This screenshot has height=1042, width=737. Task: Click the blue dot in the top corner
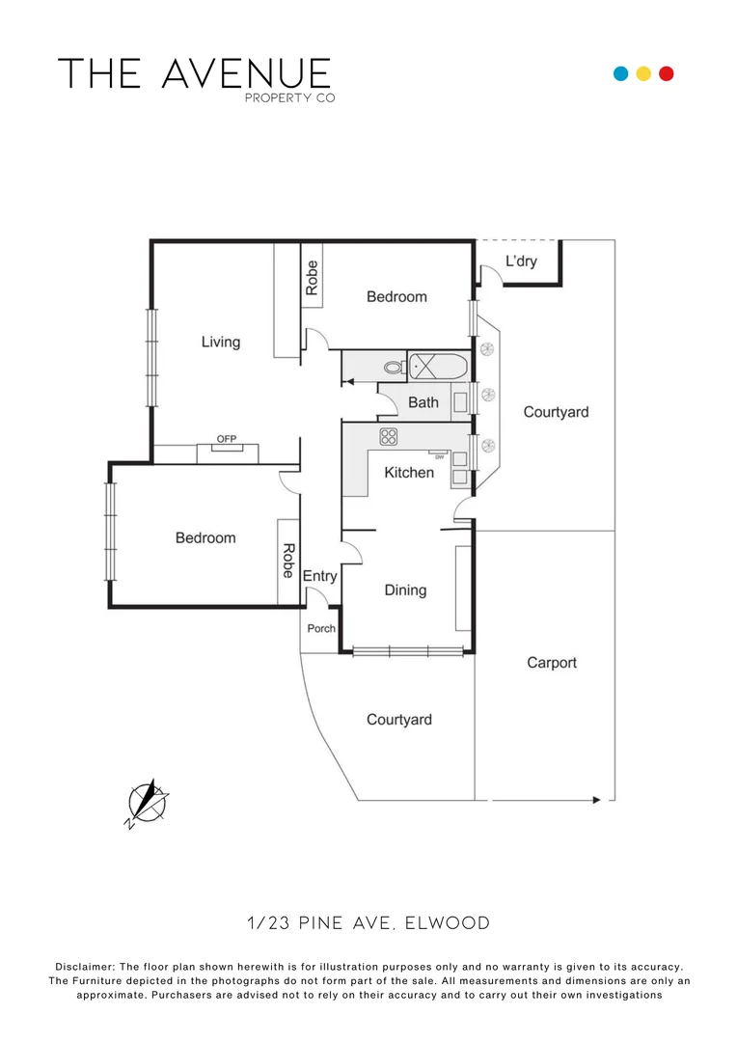pos(621,73)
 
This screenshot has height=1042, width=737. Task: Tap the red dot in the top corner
pos(666,73)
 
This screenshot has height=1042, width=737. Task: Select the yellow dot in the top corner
pos(643,73)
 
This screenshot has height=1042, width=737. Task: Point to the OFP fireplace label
pos(227,440)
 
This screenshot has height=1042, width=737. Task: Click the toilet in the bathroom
pos(393,368)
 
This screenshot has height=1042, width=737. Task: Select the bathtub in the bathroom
pos(438,366)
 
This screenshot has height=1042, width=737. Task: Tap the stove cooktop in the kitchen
pos(389,436)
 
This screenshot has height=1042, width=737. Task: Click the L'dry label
pos(521,261)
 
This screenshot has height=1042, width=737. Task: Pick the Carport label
pos(552,663)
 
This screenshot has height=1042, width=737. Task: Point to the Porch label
pos(321,629)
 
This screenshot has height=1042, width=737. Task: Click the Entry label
pos(320,576)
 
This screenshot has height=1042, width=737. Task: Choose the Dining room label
pos(405,590)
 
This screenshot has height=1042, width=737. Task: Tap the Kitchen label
pos(409,473)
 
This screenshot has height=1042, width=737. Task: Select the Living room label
pos(220,342)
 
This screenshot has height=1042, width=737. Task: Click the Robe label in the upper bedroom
pos(312,278)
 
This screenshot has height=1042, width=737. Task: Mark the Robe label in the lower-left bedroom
pos(287,562)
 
